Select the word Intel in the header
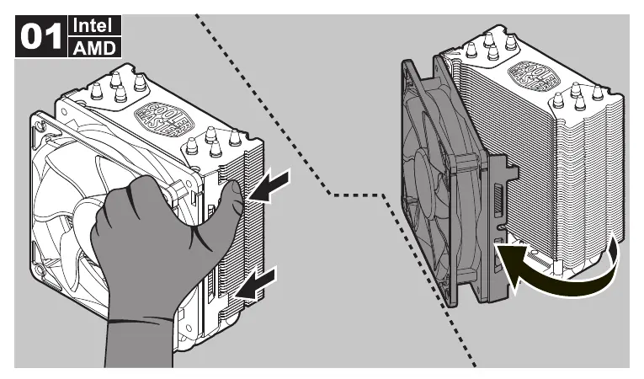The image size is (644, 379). [x=96, y=25]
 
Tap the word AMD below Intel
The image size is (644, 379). [x=94, y=47]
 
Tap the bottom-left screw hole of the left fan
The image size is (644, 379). [x=40, y=271]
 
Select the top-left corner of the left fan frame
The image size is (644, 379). [x=38, y=118]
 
